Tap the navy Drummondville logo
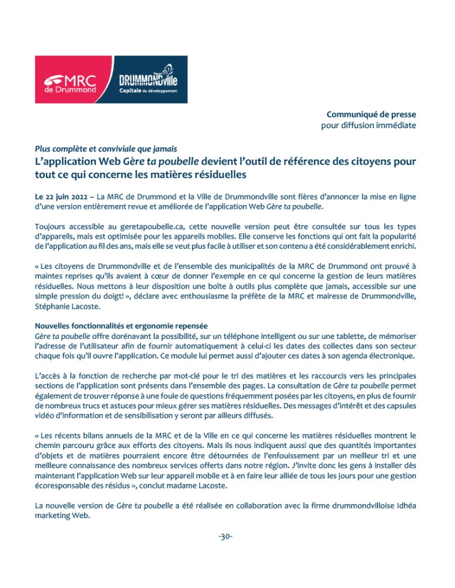click(x=152, y=79)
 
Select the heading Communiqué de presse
click(x=371, y=114)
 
